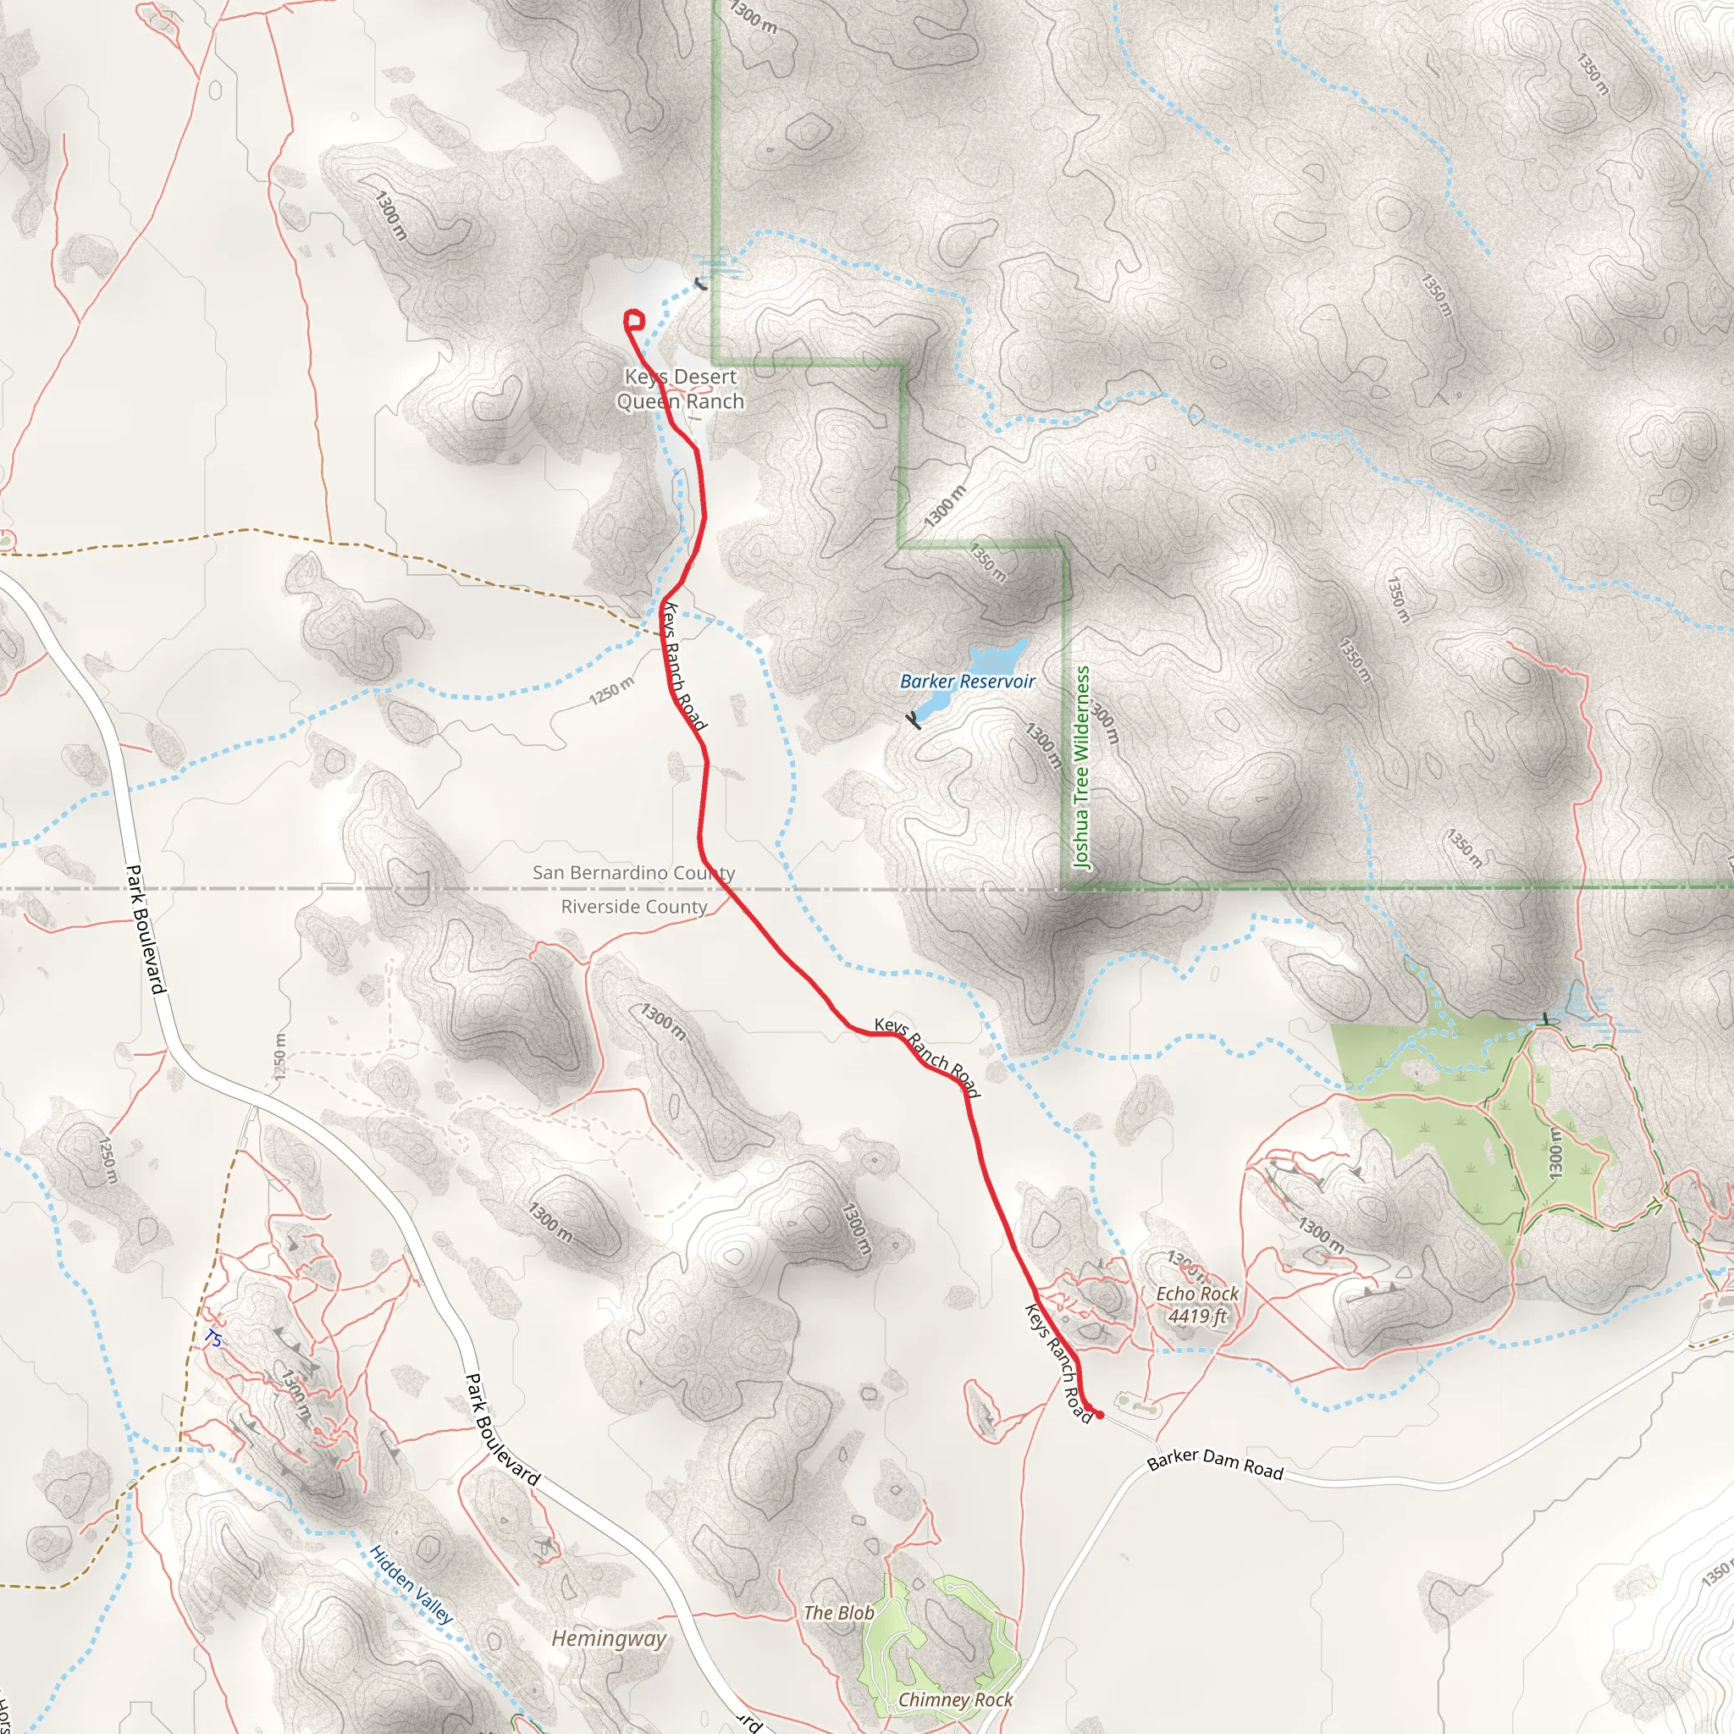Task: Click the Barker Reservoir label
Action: click(967, 682)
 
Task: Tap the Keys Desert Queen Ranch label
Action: click(681, 389)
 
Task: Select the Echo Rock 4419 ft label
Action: click(1196, 1304)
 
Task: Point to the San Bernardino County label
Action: click(633, 872)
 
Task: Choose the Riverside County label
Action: click(633, 907)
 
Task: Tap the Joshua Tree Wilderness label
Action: click(1081, 766)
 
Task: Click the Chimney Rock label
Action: click(955, 1699)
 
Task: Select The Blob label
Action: click(838, 1613)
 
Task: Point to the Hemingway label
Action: click(609, 1639)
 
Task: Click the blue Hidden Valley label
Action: click(411, 1584)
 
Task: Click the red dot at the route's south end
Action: click(1100, 1416)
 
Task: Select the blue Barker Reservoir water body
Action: click(997, 660)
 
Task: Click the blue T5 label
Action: click(212, 1339)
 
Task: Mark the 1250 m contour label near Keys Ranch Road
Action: click(611, 690)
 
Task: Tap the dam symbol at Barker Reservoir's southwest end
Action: click(914, 720)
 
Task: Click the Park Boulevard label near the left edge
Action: click(146, 929)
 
